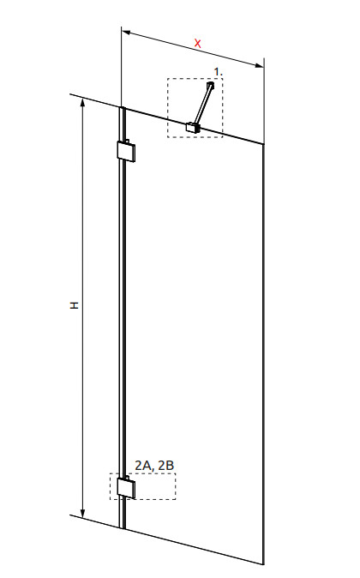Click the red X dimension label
(x=198, y=44)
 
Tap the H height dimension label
(x=75, y=305)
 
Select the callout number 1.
(x=218, y=71)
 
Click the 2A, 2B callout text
(x=154, y=466)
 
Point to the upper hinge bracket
(x=126, y=151)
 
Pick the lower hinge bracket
(x=126, y=487)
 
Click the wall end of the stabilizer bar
(x=210, y=85)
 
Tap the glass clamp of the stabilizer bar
(x=193, y=128)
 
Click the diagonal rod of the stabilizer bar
(x=202, y=105)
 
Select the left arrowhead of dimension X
(x=126, y=33)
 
